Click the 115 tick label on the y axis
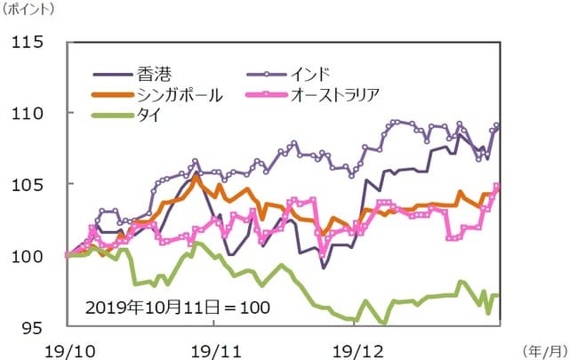click(x=34, y=43)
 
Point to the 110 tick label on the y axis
click(x=34, y=114)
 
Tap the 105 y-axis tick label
click(x=34, y=185)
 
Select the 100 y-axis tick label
click(x=34, y=257)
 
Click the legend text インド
click(x=310, y=74)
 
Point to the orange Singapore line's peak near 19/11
click(x=196, y=177)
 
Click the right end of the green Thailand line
click(x=496, y=296)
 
